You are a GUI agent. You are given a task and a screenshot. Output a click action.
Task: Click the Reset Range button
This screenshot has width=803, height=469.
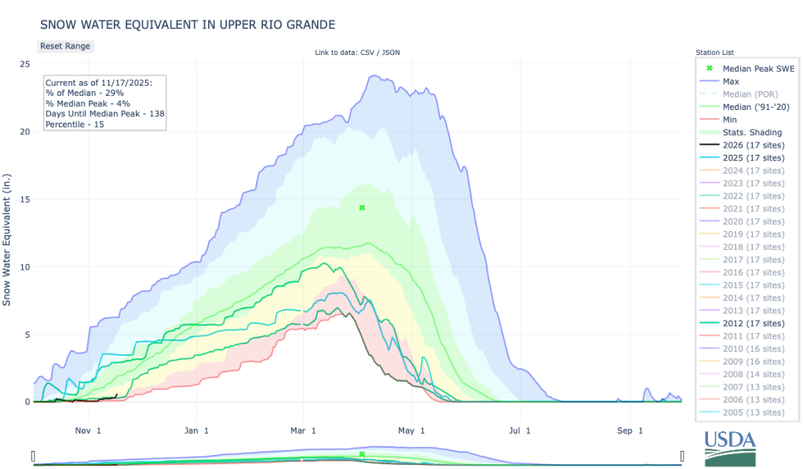coord(65,46)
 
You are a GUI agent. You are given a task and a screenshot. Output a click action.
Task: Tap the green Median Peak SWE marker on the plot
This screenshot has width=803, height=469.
coord(362,207)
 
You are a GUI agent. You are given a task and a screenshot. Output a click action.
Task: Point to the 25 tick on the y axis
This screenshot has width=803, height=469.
coord(25,64)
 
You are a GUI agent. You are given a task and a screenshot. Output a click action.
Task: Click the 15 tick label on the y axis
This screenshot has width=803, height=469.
coord(25,200)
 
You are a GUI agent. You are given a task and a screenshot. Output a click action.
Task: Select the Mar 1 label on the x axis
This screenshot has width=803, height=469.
coord(302,431)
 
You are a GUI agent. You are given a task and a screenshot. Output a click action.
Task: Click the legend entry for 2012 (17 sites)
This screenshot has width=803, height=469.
coord(752,323)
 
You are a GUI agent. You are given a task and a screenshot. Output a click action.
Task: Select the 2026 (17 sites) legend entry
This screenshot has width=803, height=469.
coord(752,145)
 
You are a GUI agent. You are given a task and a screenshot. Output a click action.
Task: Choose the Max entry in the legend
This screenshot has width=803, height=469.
coord(730,81)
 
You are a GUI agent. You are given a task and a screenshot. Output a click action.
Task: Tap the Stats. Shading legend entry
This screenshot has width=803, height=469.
coord(752,132)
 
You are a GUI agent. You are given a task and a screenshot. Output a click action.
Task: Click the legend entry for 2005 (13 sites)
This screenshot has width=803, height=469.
coord(752,412)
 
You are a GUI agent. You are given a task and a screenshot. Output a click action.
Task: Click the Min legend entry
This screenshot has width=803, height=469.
coord(729,119)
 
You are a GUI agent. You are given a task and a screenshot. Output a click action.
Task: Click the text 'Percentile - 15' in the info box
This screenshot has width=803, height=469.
coord(75,125)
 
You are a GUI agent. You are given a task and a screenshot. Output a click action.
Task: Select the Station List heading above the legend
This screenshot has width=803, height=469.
coord(716,53)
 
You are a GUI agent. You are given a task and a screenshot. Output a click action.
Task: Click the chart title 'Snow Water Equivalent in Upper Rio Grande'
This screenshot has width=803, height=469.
coord(187,25)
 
